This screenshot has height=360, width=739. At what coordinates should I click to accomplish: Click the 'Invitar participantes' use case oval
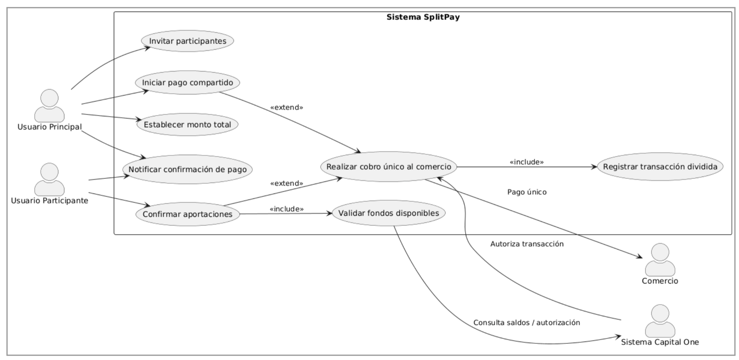(188, 41)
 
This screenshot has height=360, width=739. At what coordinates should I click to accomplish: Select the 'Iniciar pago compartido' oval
(188, 82)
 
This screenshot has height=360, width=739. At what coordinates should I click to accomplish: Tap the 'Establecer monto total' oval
(188, 125)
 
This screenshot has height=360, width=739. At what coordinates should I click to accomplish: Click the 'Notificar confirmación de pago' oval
(188, 169)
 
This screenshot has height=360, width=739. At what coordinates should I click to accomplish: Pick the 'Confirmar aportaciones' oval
(188, 214)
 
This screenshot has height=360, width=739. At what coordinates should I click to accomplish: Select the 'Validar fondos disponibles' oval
(388, 213)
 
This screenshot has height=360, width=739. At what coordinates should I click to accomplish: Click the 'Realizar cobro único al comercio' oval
(388, 167)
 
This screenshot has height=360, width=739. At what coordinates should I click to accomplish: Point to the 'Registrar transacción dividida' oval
(660, 167)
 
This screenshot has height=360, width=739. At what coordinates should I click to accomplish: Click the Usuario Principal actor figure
(49, 106)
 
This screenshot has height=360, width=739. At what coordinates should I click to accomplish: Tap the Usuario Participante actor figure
(49, 180)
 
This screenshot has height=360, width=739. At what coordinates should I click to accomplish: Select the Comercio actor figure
(660, 260)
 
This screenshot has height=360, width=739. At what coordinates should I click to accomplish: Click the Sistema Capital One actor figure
(660, 321)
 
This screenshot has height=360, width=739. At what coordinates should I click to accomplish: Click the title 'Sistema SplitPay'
(423, 17)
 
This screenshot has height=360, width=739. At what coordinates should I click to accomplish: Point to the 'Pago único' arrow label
(527, 192)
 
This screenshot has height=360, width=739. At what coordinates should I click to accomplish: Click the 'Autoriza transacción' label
(527, 244)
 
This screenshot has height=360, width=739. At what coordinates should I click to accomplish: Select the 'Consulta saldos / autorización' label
(527, 323)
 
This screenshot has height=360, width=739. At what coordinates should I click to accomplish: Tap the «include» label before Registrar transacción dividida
(527, 162)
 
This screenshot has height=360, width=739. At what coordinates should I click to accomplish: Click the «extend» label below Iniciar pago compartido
(286, 108)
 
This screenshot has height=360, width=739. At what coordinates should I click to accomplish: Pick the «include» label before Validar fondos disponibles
(286, 209)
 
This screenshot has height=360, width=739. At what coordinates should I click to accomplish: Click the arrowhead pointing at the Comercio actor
(640, 257)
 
